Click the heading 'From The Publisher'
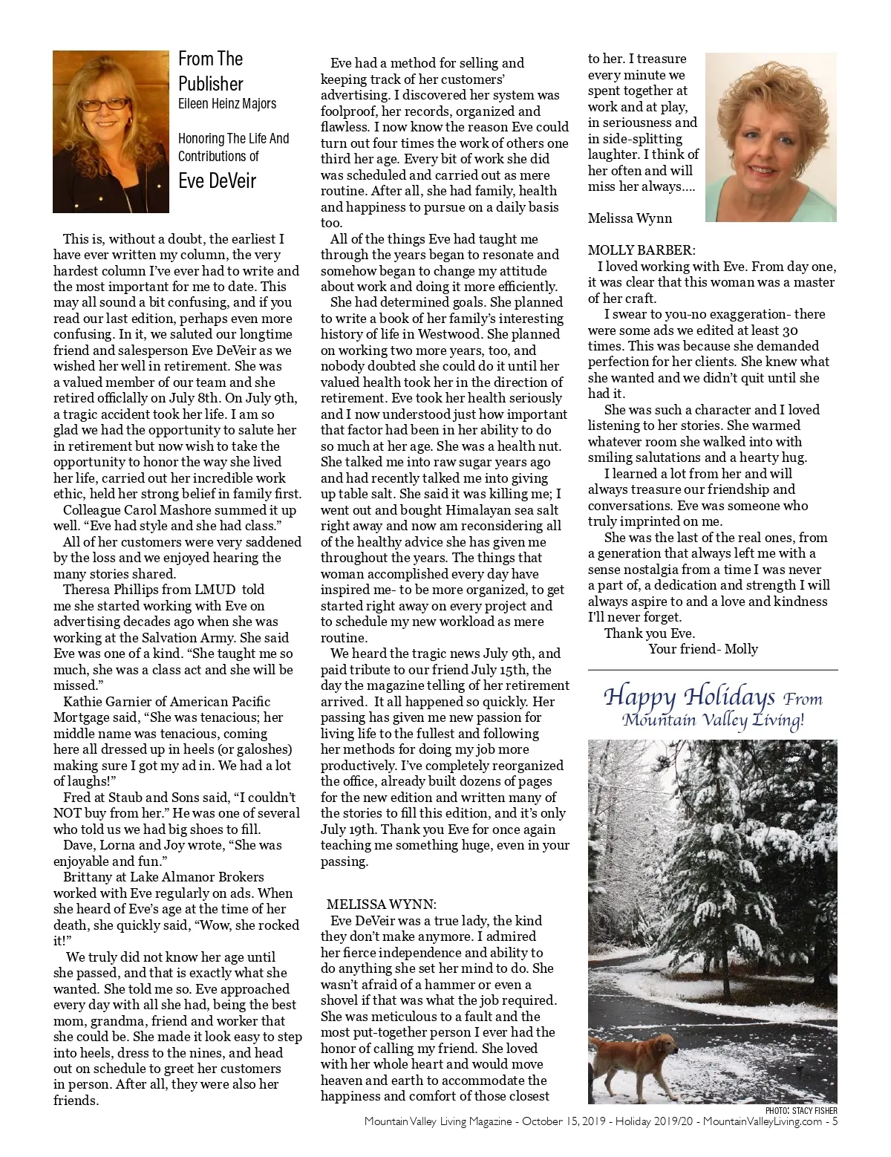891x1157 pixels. tap(211, 71)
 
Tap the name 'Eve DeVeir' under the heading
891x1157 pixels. tap(217, 180)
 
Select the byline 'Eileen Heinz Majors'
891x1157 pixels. tap(227, 104)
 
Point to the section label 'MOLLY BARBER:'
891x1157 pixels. tap(642, 250)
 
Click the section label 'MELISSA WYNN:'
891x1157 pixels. tap(382, 904)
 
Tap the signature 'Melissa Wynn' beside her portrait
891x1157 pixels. tap(630, 218)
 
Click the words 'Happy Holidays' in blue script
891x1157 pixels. tap(689, 697)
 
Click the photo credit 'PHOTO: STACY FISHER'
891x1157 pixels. tap(800, 1111)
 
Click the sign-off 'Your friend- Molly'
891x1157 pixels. tap(703, 649)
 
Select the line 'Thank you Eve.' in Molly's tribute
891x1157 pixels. tap(650, 633)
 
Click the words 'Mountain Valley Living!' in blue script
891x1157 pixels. tap(713, 720)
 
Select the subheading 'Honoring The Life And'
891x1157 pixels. tap(233, 139)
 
